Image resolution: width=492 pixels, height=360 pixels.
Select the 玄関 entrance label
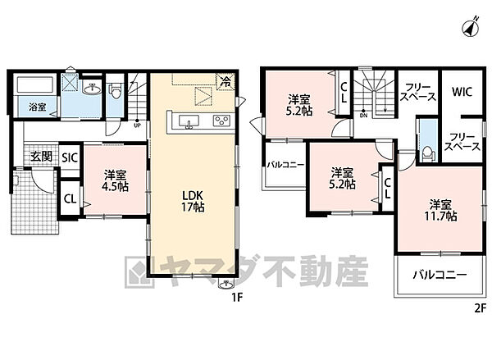pos(42,157)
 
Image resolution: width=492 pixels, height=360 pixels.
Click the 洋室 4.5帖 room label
pos(115,181)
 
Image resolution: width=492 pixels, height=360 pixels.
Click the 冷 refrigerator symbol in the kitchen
pos(224,81)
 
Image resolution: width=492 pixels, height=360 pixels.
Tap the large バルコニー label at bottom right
pos(440,276)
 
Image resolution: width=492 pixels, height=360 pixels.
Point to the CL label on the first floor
pos(71,198)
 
